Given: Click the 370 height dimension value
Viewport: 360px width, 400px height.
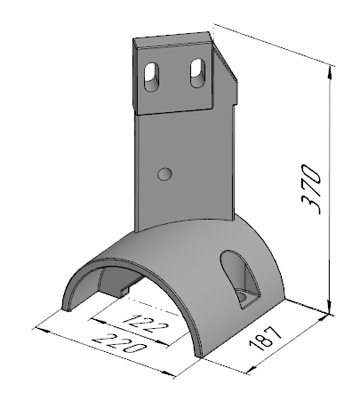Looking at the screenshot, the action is (x=311, y=189).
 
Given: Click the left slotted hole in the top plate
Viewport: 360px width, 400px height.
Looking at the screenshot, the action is (x=152, y=76).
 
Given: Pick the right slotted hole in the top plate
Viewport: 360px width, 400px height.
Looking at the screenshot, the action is (x=198, y=73).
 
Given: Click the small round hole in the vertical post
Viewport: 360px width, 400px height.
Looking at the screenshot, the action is (x=165, y=174).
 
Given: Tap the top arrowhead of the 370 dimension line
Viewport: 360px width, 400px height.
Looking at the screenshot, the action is (x=330, y=71).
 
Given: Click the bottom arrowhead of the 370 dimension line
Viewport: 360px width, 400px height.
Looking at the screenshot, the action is (x=330, y=307).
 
